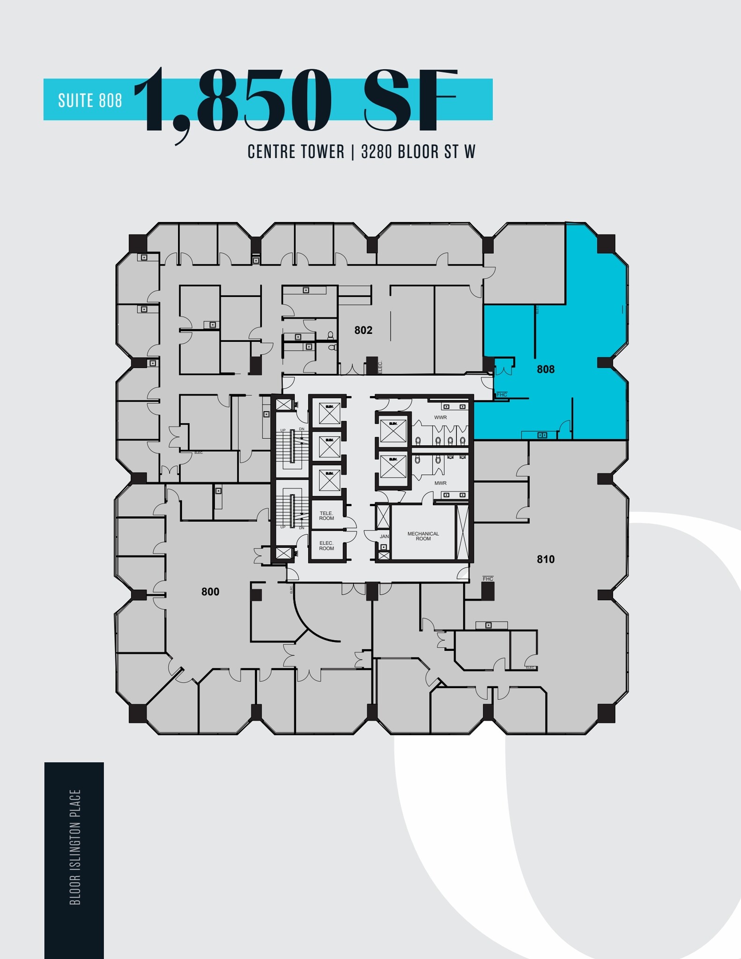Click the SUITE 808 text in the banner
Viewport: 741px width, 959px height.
[x=90, y=100]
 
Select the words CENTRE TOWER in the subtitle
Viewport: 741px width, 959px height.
[x=296, y=152]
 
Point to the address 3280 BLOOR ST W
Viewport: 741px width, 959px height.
[x=418, y=152]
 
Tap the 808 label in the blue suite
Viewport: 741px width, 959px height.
[x=545, y=369]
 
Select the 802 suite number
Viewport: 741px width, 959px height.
[x=363, y=331]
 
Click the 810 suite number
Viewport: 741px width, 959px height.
[x=545, y=559]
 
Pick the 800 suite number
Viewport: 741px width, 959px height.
[x=210, y=592]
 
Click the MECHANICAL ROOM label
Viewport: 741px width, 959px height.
[x=423, y=536]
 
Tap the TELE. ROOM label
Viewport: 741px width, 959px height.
[x=326, y=516]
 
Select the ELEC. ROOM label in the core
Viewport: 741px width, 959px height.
[x=326, y=546]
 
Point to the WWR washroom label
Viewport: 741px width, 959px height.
[x=440, y=417]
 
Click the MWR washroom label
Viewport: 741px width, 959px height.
[x=440, y=483]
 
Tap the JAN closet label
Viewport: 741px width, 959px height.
[x=384, y=537]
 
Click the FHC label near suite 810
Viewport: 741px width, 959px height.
[x=488, y=579]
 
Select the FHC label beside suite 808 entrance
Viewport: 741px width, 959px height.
[x=502, y=395]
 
